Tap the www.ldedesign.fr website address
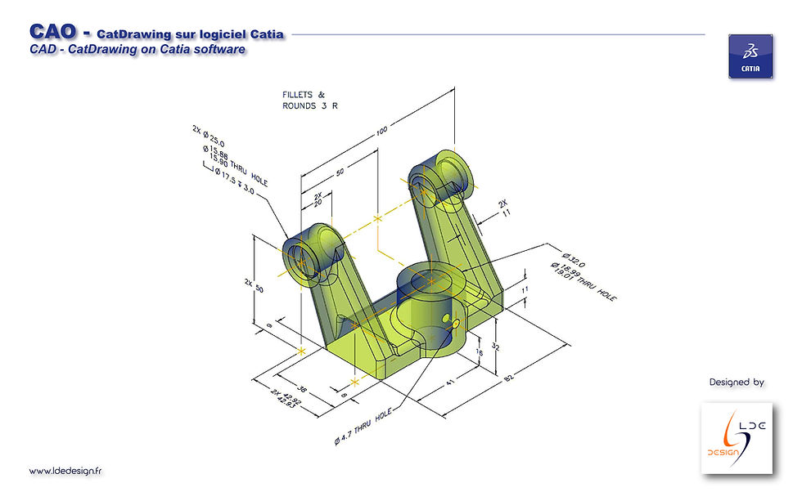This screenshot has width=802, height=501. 65,471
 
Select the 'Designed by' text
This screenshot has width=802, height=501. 736,382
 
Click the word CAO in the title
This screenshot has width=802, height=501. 53,32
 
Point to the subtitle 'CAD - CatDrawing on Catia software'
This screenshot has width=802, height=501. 137,50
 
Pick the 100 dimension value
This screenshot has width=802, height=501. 382,131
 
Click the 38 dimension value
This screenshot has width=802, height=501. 300,390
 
